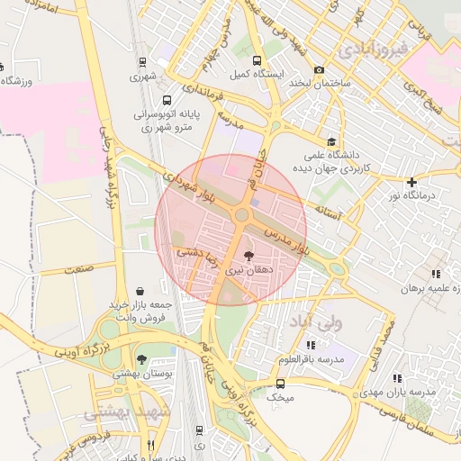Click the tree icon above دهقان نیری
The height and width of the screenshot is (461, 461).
(249, 256)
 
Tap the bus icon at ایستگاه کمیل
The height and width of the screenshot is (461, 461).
(258, 61)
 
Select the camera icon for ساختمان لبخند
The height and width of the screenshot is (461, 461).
(319, 70)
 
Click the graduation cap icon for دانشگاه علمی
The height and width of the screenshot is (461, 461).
(331, 141)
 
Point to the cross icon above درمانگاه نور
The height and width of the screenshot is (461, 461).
(411, 182)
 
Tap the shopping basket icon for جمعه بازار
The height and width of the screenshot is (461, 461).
(141, 292)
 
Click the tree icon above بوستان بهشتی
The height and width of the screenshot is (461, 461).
(140, 360)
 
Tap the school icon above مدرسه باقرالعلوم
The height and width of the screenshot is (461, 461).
(311, 345)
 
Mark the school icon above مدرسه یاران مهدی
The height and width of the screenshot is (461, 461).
(396, 379)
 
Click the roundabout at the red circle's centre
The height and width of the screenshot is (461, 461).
(241, 215)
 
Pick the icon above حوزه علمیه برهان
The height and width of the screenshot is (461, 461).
(436, 274)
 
